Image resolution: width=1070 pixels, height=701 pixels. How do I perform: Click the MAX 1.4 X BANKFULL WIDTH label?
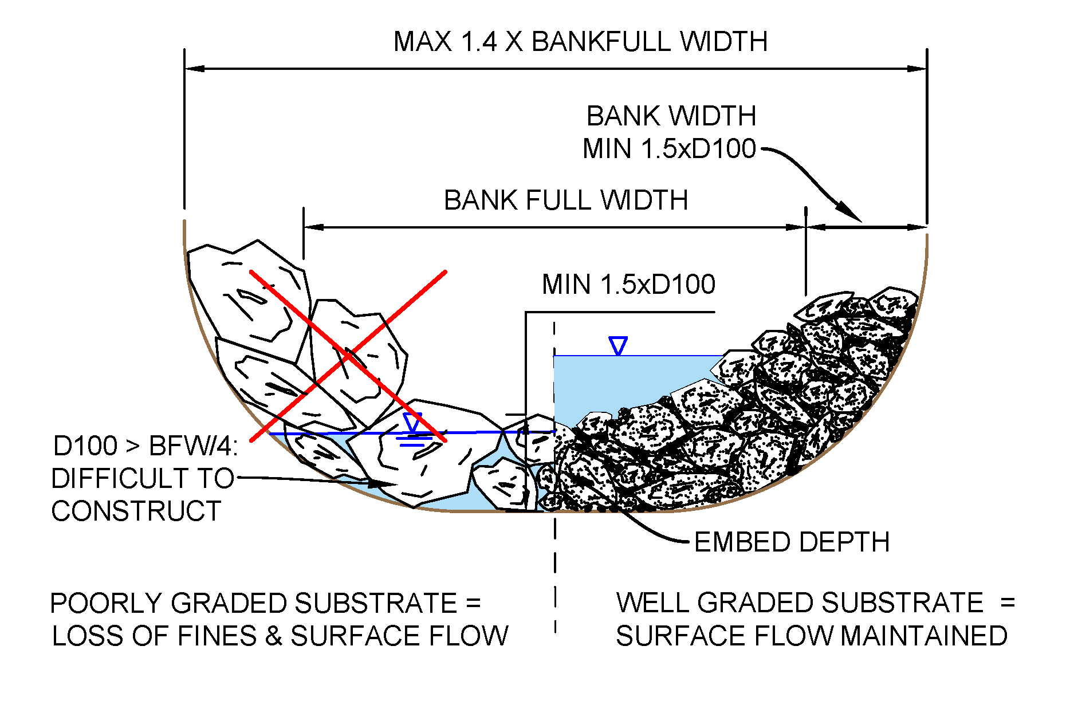[x=580, y=42]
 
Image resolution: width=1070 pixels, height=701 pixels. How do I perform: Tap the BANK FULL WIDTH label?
[x=565, y=200]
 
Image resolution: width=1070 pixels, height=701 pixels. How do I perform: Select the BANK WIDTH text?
[x=671, y=116]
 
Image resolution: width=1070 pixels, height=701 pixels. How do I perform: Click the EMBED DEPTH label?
[x=792, y=542]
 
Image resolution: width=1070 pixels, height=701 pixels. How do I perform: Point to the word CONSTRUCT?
[x=136, y=511]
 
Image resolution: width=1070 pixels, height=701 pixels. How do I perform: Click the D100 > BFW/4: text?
[x=145, y=446]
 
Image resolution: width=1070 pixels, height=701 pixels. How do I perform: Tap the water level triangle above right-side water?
[x=618, y=346]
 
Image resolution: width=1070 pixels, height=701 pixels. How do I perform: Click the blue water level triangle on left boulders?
[x=412, y=422]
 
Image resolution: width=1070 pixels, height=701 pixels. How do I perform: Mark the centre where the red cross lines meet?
[x=348, y=356]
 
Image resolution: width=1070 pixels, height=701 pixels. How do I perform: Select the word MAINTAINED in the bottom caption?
[x=925, y=636]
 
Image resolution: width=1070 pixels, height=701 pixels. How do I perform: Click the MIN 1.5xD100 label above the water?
[x=628, y=285]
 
